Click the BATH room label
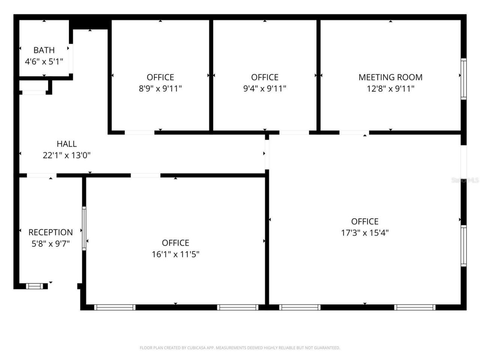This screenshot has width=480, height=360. click(44, 50)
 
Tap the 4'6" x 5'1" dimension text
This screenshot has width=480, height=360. click(44, 61)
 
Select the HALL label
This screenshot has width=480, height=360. click(67, 144)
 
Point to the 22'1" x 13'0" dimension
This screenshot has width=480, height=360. click(67, 155)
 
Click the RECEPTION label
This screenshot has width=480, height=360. click(51, 232)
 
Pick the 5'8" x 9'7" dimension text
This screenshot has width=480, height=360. click(51, 244)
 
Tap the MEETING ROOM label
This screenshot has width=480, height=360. click(390, 77)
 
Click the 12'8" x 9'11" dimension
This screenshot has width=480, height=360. click(390, 89)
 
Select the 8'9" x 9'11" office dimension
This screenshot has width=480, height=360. click(160, 89)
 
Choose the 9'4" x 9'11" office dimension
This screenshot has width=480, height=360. click(265, 89)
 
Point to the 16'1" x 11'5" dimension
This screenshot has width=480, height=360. click(175, 254)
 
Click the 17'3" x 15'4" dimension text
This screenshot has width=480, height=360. click(364, 232)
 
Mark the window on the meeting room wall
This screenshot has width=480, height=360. click(463, 79)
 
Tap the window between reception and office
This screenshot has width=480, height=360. click(84, 228)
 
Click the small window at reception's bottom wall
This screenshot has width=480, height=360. click(34, 286)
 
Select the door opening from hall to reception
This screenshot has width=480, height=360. click(42, 175)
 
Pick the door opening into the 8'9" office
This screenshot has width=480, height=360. click(139, 132)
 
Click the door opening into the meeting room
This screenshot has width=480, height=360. click(354, 132)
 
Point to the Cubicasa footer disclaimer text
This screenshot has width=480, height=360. click(240, 348)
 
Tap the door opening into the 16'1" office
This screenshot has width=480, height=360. click(145, 175)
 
